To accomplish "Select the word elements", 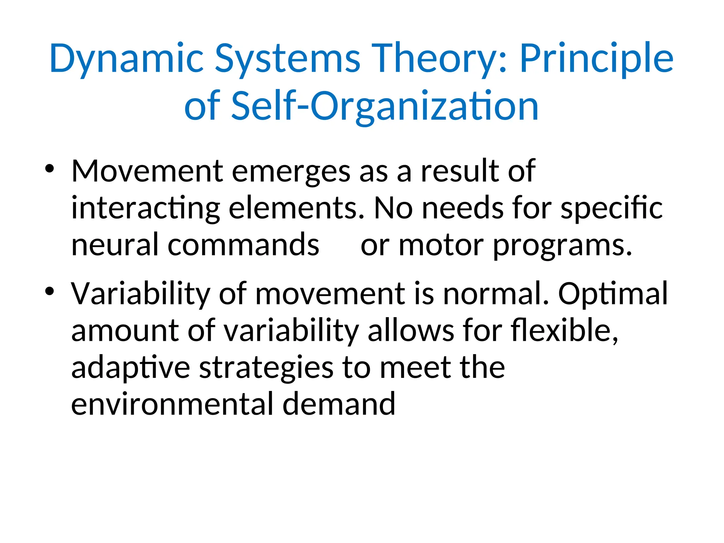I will click(x=296, y=209).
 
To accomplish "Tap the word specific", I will click(x=612, y=209).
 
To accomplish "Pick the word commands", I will click(x=243, y=245).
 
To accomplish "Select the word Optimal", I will click(x=613, y=294).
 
